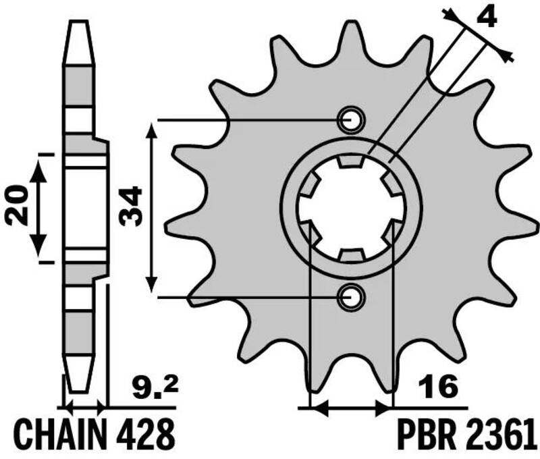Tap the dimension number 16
click(439, 387)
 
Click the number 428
click(141, 435)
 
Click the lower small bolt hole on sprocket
click(351, 296)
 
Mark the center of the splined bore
click(351, 208)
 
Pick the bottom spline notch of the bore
click(352, 255)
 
